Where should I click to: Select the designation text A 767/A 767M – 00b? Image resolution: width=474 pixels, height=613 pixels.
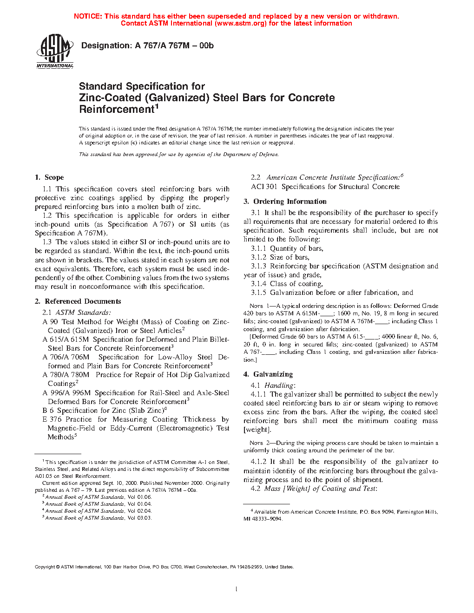174,46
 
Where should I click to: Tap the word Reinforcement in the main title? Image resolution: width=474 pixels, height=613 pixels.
117,110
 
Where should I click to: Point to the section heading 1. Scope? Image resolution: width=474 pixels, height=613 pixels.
49,177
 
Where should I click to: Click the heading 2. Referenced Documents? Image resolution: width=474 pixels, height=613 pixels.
78,301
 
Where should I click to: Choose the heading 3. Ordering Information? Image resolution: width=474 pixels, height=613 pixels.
285,202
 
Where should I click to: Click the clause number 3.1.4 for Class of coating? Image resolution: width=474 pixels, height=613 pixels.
258,284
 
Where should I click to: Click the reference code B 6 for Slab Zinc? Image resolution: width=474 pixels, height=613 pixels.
48,411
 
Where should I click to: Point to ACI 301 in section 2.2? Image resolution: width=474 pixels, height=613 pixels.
264,187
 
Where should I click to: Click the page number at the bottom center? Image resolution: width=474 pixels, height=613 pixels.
237,589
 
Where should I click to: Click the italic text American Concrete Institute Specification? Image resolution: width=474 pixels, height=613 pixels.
333,177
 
